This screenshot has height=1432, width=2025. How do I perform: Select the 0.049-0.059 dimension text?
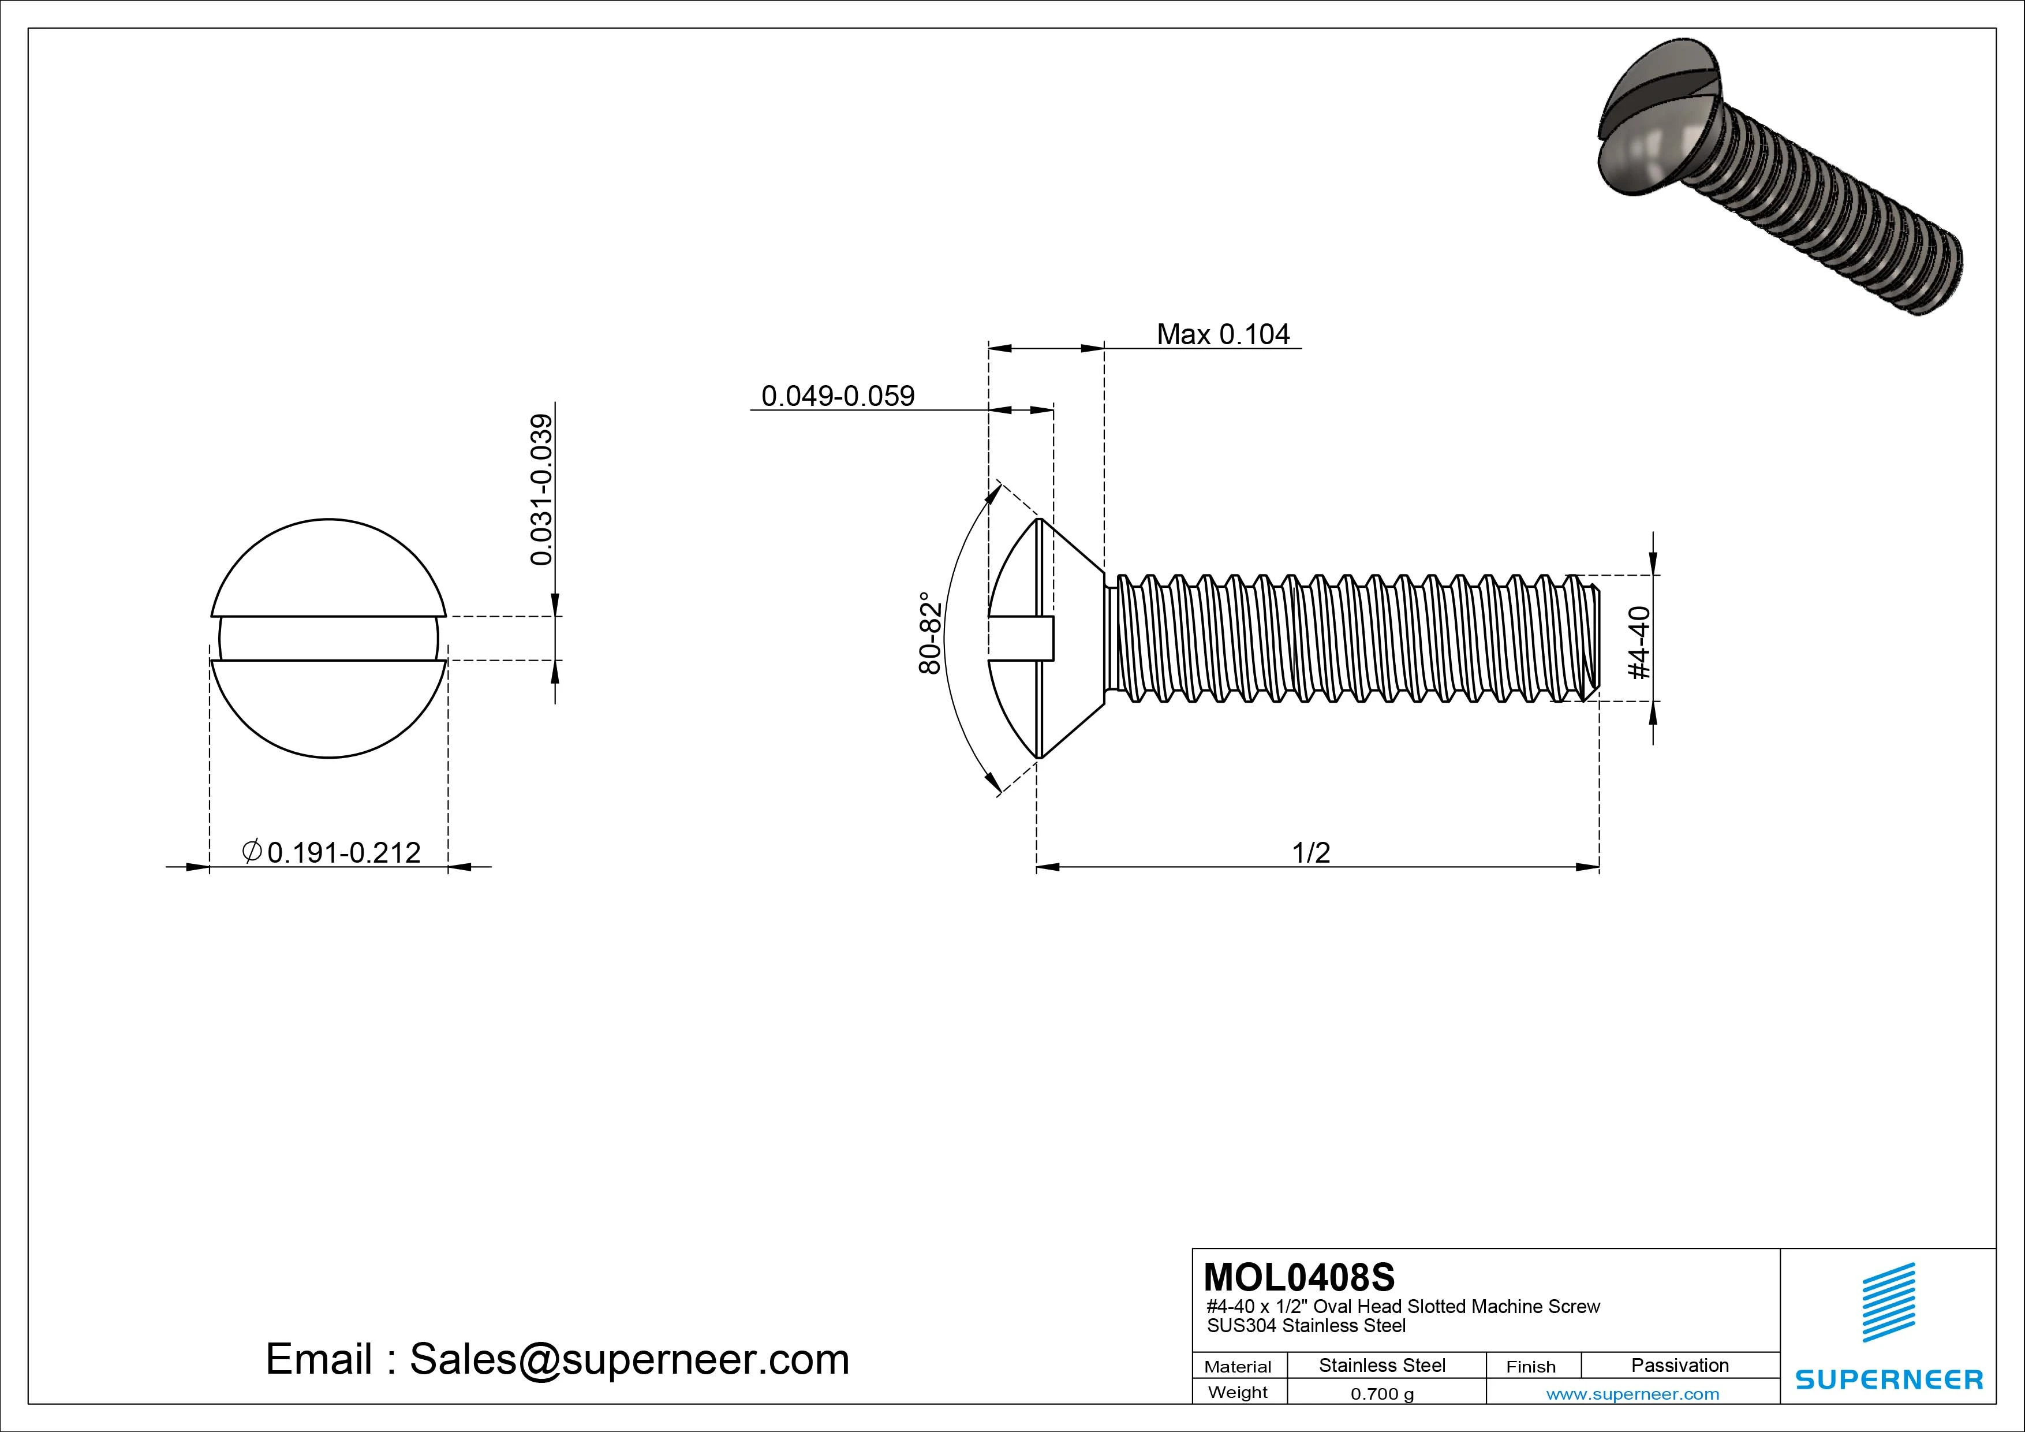pos(838,396)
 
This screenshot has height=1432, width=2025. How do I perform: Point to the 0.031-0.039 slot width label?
pos(541,490)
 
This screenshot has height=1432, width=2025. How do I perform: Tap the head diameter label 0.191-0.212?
pos(332,852)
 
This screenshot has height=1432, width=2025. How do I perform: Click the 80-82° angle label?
pos(931,633)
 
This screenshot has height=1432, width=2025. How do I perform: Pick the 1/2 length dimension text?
pos(1310,852)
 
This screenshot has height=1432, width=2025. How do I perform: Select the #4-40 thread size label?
pos(1639,642)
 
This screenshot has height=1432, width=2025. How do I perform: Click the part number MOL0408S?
pos(1299,1277)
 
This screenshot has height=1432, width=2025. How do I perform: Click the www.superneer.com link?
pos(1632,1394)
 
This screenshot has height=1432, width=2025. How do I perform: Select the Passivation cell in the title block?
pos(1679,1365)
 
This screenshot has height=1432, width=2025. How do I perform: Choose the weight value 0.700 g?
pos(1382,1394)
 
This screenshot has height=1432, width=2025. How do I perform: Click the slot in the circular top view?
pos(329,639)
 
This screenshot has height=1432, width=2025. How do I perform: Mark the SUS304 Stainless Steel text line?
pos(1306,1325)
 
